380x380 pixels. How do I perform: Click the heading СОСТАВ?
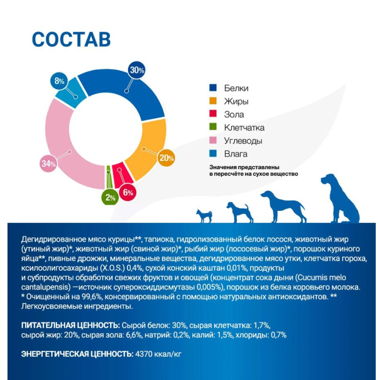coord(71,39)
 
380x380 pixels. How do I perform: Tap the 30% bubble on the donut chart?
coord(137,70)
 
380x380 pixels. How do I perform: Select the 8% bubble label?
coord(59,81)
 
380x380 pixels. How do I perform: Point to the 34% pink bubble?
coord(48,163)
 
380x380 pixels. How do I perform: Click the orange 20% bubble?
coord(167,158)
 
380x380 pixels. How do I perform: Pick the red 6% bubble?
coord(127,192)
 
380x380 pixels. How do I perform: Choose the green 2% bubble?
coord(110,197)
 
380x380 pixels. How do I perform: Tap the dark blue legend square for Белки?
coord(213,87)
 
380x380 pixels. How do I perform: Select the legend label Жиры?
coord(236,101)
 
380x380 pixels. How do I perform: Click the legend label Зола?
coord(234,114)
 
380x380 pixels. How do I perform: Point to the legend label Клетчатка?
coord(244,127)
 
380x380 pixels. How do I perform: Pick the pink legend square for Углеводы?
coord(213,140)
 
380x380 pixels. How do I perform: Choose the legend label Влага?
coord(236,154)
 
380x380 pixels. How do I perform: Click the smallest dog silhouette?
coord(204,216)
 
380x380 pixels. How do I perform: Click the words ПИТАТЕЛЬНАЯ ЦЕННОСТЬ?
coord(70,325)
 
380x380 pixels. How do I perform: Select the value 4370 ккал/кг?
coord(158,354)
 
